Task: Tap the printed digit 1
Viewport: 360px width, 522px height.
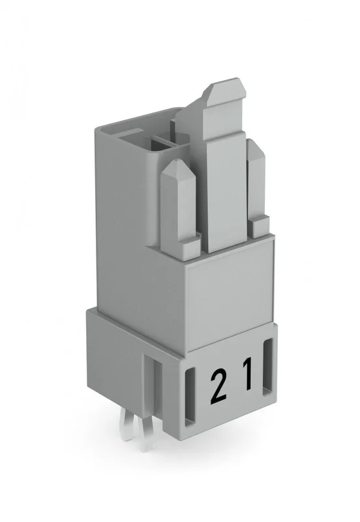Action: point(248,373)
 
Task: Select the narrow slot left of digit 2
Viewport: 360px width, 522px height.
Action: point(189,397)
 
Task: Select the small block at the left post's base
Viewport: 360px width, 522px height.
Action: point(190,246)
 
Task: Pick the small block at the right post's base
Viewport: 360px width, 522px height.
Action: point(260,226)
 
